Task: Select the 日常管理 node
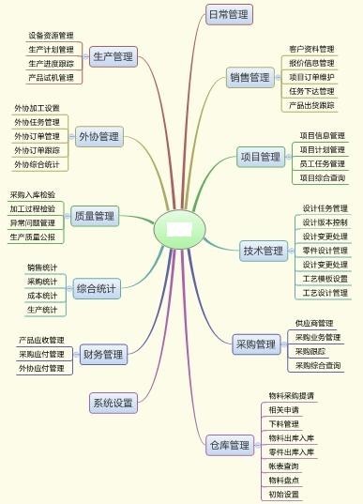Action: pos(228,14)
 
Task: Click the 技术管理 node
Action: pos(263,251)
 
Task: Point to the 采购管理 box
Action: pos(256,344)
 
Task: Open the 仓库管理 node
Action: pos(228,445)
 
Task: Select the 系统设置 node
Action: pos(112,404)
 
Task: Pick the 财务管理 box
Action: pos(103,355)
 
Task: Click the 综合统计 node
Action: pos(97,289)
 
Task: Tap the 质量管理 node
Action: pos(94,217)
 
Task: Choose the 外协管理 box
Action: pos(98,137)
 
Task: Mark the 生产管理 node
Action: pos(113,57)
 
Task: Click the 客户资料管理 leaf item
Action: pos(311,49)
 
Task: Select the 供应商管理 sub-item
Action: pos(313,323)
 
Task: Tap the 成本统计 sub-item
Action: pos(41,296)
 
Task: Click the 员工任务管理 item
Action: pos(322,163)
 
